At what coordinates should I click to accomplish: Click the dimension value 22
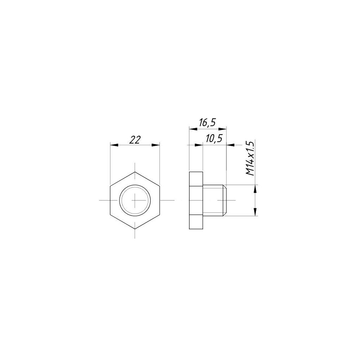tap(135, 140)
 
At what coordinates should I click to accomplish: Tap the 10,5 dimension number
tap(214, 139)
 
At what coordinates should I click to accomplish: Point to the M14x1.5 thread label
tap(250, 158)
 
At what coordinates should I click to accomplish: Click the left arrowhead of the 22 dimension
tap(115, 145)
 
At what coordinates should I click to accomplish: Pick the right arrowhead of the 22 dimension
tap(156, 145)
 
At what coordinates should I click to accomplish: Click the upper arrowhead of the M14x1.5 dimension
tap(255, 189)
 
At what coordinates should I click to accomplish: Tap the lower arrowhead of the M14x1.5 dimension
tap(255, 211)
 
